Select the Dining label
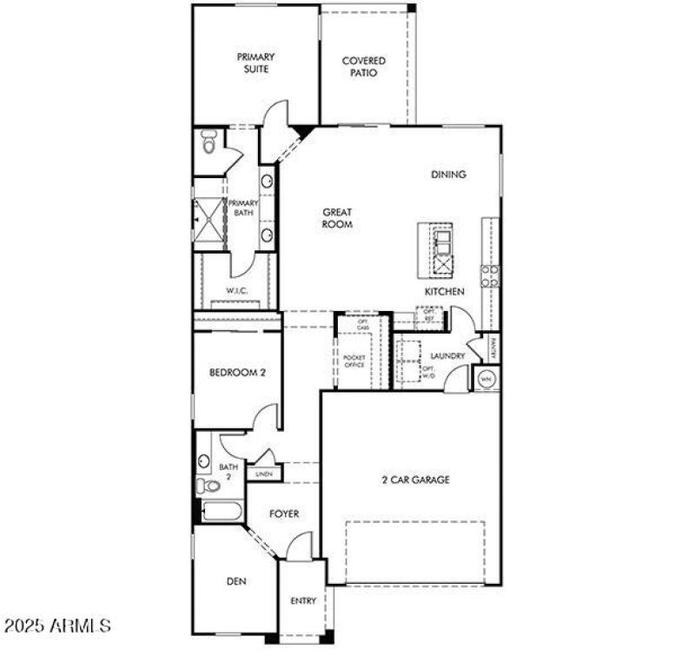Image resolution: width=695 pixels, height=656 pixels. coord(448,175)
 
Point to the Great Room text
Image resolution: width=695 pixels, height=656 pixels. coord(338,218)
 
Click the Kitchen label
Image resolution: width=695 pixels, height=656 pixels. coord(444,292)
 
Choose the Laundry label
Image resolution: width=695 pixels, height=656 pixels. coord(448,356)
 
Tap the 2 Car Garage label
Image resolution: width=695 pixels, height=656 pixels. coord(414,480)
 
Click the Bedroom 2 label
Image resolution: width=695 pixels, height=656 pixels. coord(237,373)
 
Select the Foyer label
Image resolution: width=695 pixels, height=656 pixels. coord(283,514)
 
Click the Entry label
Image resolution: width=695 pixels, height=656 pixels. coord(302,600)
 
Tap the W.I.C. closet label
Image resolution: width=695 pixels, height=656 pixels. coord(237,291)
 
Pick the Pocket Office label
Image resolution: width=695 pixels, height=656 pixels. coord(354,361)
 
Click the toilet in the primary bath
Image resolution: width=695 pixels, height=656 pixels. coord(208,143)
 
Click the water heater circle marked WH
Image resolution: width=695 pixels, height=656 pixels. coord(486,379)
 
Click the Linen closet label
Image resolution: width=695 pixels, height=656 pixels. coord(261,474)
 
